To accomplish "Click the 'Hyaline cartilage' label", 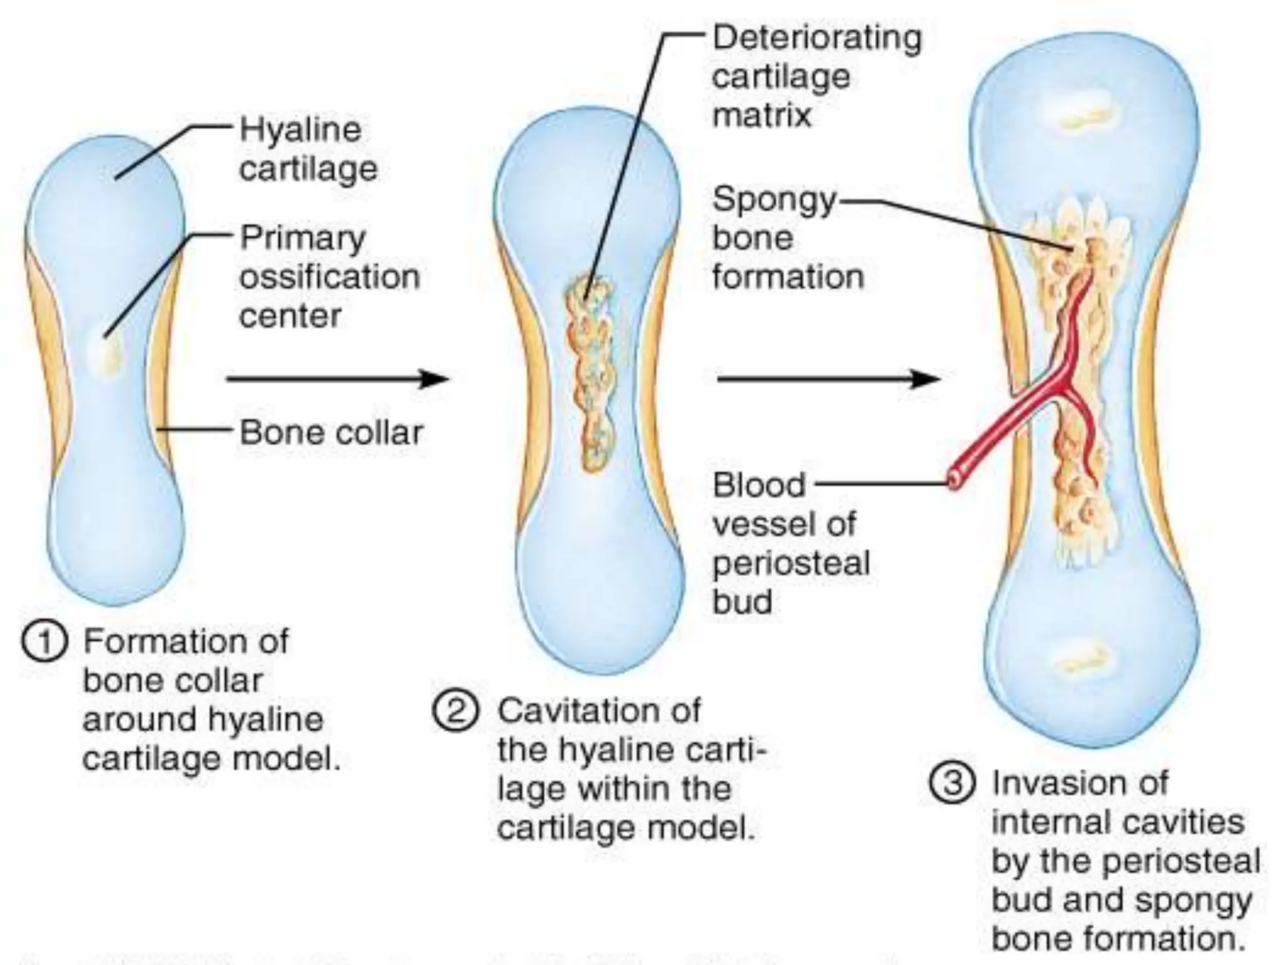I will pos(308,150).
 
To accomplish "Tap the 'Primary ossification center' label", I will pos(328,276).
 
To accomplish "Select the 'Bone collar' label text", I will pos(332,433).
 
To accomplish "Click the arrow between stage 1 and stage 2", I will pos(337,379).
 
